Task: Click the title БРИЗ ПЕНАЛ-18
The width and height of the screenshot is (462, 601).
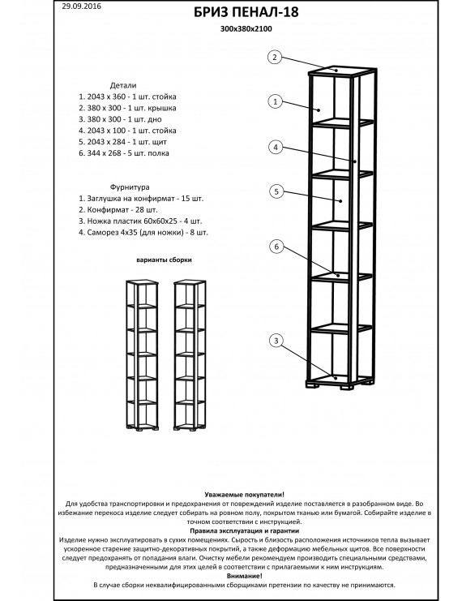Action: click(246, 12)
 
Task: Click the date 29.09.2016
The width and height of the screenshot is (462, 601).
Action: click(81, 6)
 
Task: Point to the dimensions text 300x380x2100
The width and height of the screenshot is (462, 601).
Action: click(246, 28)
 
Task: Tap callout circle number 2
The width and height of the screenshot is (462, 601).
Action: click(275, 58)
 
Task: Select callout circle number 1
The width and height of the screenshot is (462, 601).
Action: click(275, 101)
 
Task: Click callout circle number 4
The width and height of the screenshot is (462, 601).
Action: click(276, 147)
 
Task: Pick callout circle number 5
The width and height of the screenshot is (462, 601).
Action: click(276, 191)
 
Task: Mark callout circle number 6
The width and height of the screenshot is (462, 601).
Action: click(276, 247)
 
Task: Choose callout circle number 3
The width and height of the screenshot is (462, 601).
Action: click(276, 341)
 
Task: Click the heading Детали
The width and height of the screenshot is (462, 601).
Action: click(123, 85)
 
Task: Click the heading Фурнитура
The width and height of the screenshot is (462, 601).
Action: click(130, 187)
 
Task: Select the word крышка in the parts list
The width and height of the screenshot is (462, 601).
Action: click(164, 108)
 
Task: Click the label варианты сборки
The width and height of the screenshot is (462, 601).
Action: click(164, 260)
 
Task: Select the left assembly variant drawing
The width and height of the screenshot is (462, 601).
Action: click(142, 354)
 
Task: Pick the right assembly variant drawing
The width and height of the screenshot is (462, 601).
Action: click(190, 354)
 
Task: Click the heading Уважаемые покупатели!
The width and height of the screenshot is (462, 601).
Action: click(245, 495)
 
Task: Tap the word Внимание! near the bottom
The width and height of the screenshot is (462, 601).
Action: click(245, 576)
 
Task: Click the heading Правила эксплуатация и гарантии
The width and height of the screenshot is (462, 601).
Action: click(245, 531)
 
